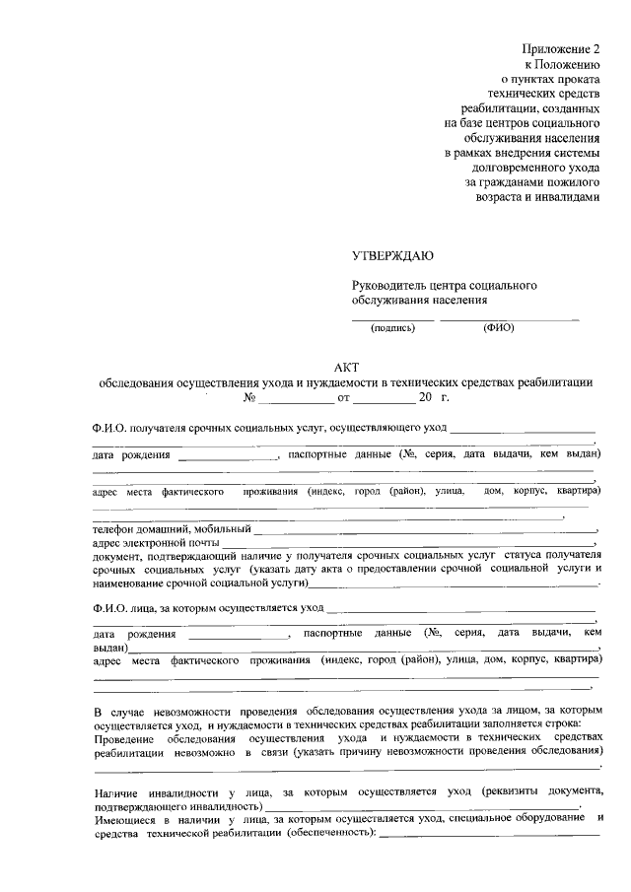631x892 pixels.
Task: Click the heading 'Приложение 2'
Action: tap(561, 48)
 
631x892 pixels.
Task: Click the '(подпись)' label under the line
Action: tap(393, 327)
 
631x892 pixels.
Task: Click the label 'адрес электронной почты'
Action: tap(155, 543)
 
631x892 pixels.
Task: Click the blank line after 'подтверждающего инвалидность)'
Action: tap(424, 807)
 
